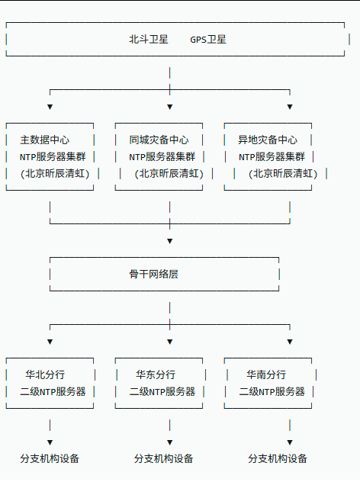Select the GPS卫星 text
208,40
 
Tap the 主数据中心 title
45,140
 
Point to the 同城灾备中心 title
159,140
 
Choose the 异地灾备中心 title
268,140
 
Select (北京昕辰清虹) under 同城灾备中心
169,174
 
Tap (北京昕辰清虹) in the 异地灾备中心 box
282,174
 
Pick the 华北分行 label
45,374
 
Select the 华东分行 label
156,374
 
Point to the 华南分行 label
266,374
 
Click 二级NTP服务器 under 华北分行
53,392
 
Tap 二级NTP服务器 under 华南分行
272,392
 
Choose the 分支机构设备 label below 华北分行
50,459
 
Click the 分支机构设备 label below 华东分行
164,459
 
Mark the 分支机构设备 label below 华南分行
278,459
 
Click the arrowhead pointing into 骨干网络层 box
169,241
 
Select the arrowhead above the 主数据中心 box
50,107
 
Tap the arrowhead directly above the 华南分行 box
290,342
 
